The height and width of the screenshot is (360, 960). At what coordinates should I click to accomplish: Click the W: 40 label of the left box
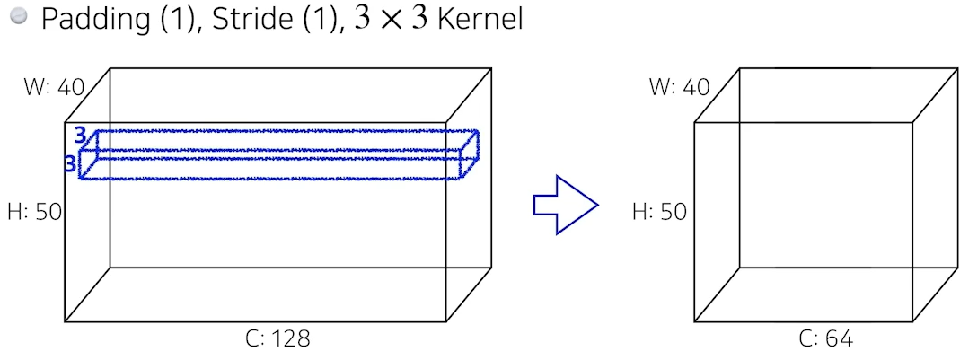pos(54,87)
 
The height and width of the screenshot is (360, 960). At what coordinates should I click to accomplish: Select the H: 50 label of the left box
pos(34,212)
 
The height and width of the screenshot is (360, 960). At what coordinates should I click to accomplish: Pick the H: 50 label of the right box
pos(659,212)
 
